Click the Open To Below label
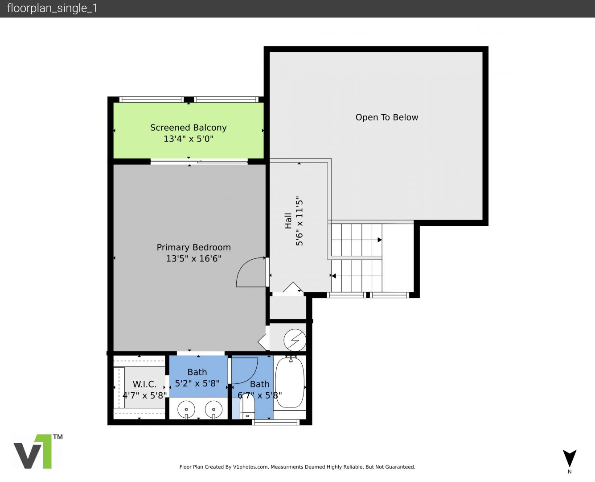(386, 117)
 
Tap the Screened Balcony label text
(188, 128)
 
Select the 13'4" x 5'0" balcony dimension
(188, 139)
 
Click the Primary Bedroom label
(193, 247)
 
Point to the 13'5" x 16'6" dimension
(193, 258)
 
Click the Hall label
(288, 221)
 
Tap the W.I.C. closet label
(144, 384)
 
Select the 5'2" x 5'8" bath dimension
(197, 383)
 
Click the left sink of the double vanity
(186, 410)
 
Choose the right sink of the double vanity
(213, 410)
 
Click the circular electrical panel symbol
(295, 340)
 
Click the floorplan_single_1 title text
(52, 8)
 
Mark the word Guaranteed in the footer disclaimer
(400, 467)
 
